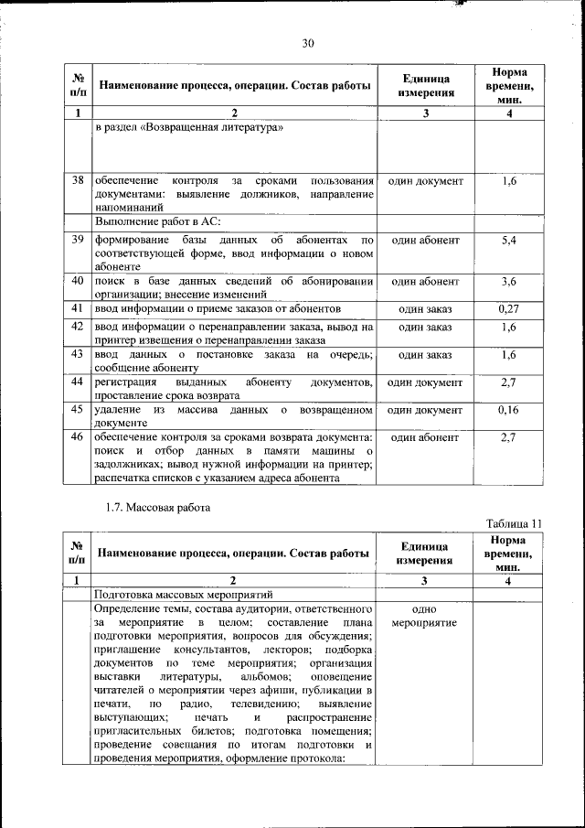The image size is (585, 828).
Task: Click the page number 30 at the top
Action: point(308,42)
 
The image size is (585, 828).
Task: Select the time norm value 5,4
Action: point(509,240)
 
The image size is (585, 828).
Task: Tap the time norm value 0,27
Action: point(509,309)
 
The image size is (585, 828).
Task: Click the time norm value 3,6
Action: point(509,281)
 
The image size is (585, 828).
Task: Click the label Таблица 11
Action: point(514,523)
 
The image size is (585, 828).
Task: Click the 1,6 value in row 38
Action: point(509,181)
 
